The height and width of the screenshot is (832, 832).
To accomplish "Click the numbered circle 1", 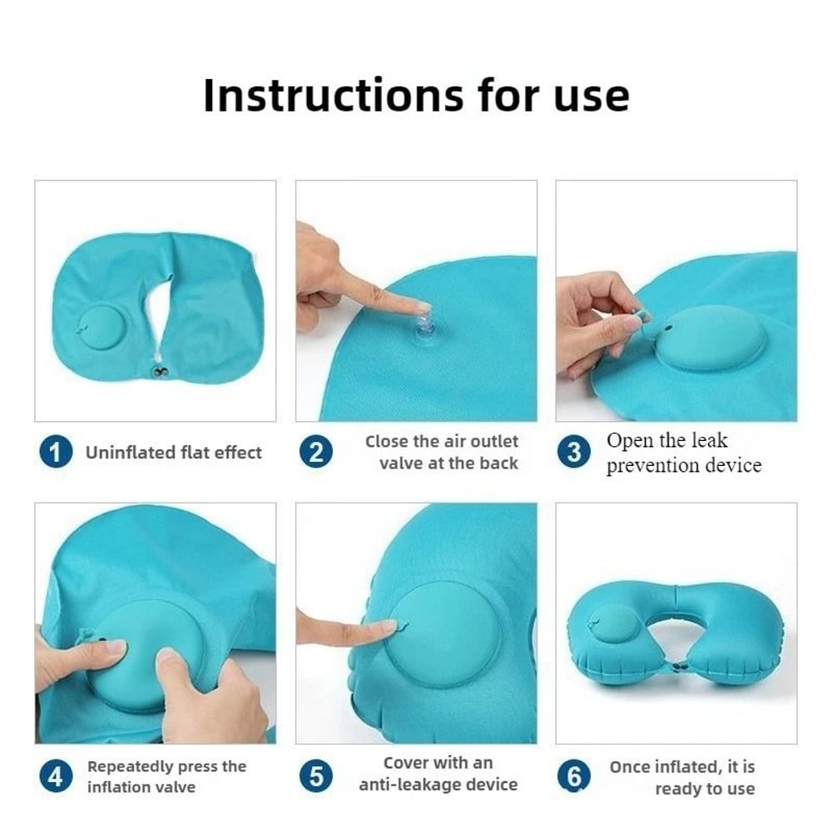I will point(55,453).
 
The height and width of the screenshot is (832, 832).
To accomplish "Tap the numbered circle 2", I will point(316,453).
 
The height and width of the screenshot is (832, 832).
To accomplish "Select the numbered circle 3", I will point(573,453).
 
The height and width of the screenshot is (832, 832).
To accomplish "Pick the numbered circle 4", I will point(55,777).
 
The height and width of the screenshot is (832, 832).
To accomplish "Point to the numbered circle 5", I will point(316,777).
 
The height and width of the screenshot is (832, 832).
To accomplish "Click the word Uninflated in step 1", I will point(130,453).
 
